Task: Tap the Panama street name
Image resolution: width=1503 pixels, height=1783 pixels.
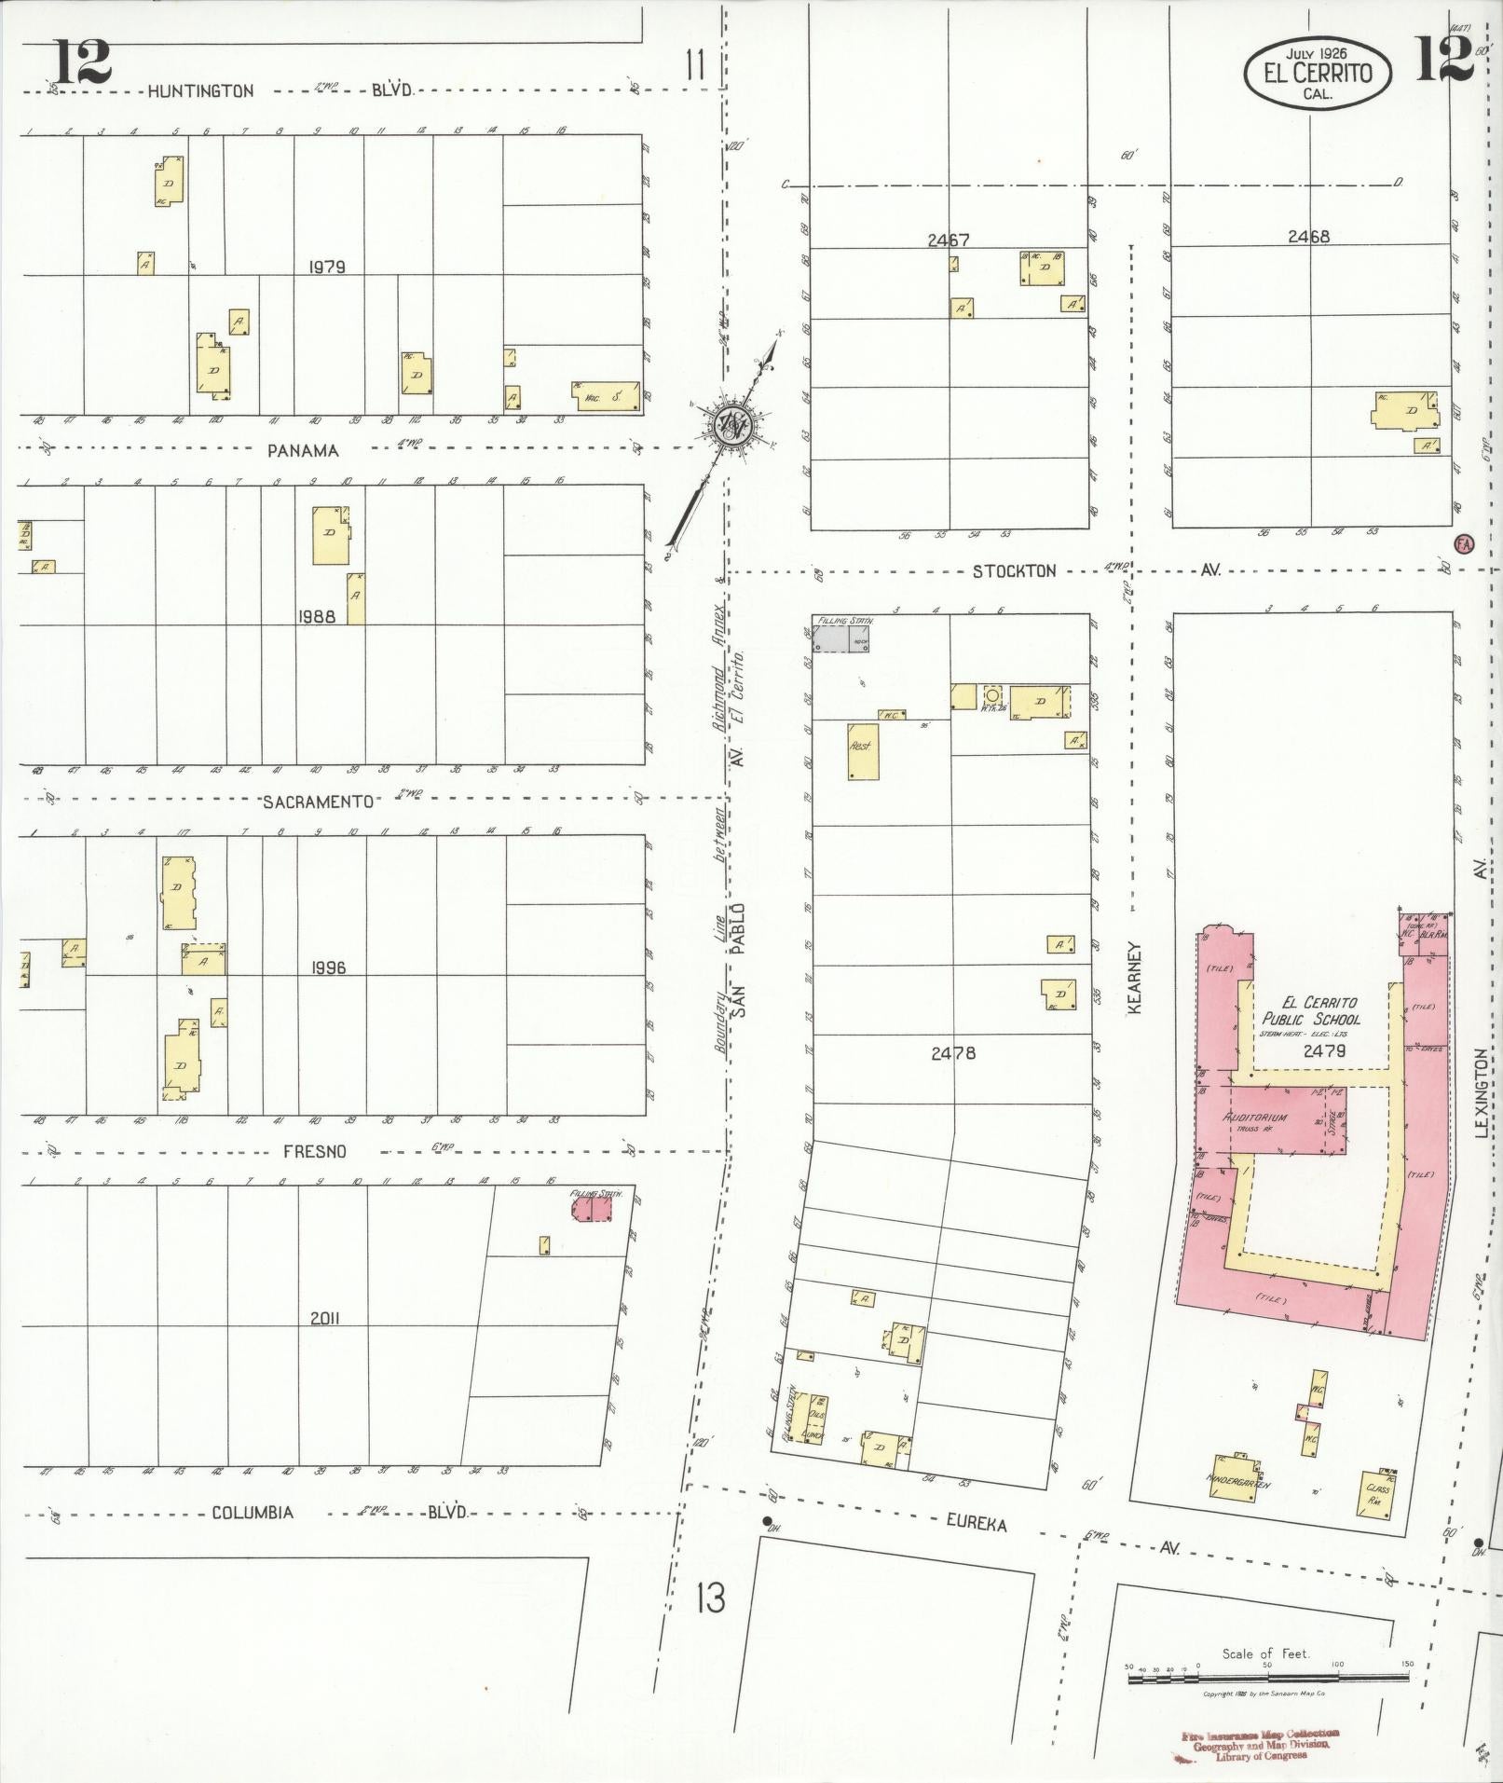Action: (303, 450)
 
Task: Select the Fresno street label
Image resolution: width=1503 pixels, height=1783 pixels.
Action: (314, 1151)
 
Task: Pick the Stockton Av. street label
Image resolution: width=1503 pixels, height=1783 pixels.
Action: (1014, 570)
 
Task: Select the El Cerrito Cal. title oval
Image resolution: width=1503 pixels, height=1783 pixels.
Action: (1318, 74)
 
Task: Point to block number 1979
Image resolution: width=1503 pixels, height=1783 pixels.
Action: (327, 267)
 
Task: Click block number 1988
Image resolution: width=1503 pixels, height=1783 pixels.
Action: (316, 616)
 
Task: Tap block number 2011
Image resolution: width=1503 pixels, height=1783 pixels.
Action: (326, 1318)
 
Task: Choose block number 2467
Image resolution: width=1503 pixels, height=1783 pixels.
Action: (948, 240)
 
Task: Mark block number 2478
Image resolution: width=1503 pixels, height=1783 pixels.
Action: (952, 1053)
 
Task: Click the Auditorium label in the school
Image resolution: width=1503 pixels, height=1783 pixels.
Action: (1254, 1118)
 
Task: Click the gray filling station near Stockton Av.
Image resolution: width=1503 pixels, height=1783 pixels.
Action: (840, 638)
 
